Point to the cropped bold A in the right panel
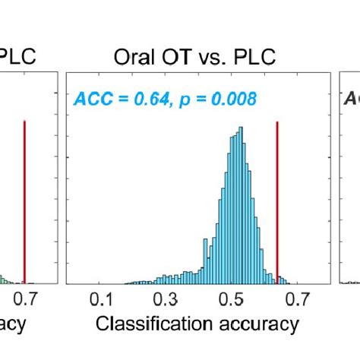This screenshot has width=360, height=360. [x=350, y=98]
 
